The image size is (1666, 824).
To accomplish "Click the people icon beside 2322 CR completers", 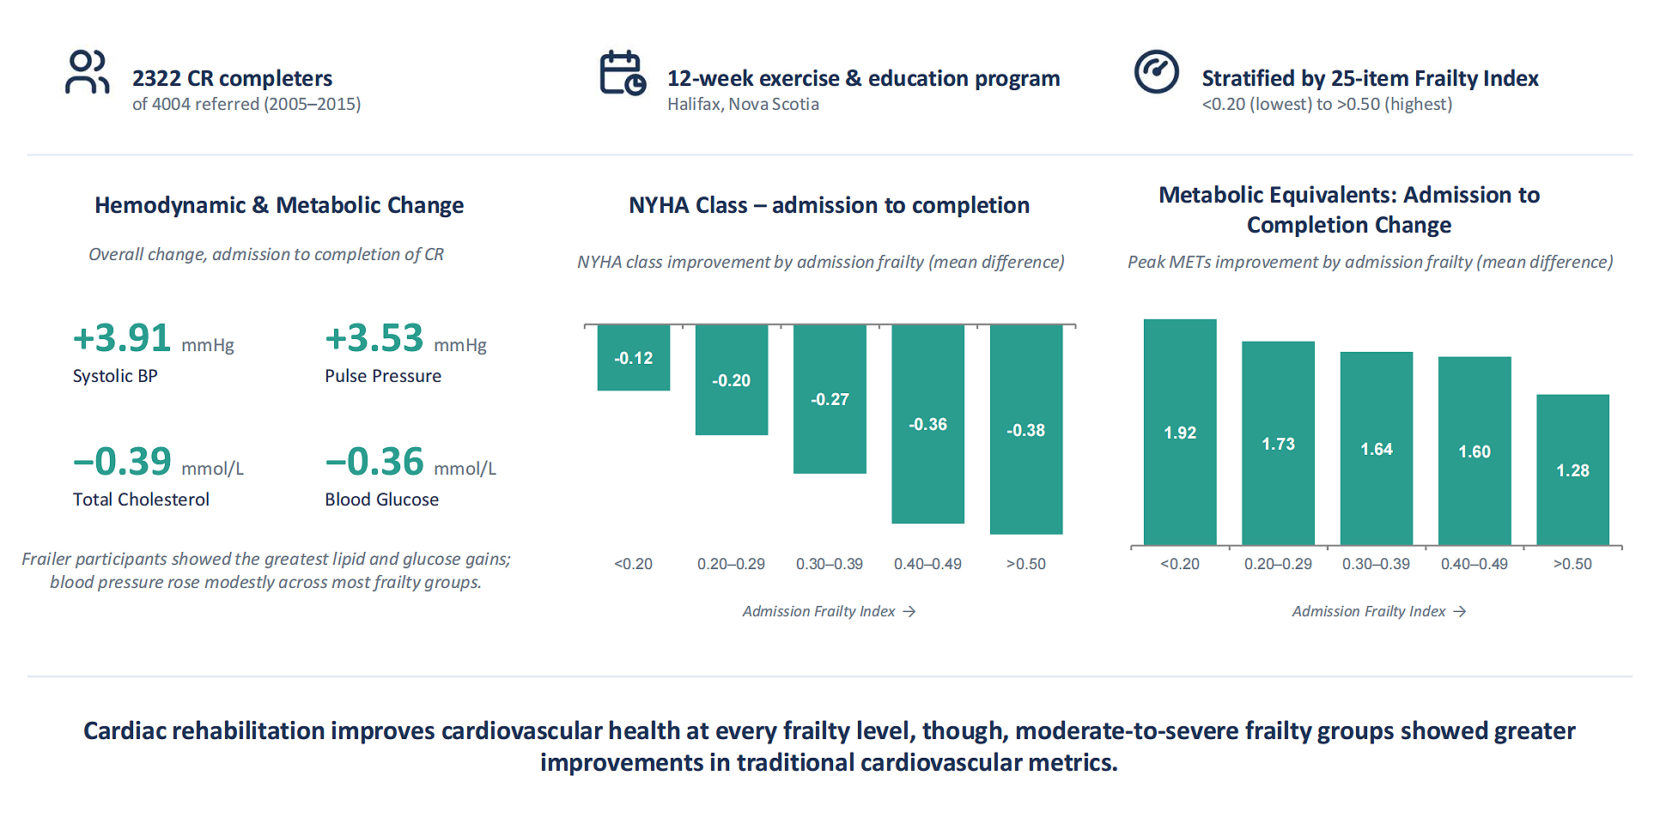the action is pyautogui.click(x=87, y=72).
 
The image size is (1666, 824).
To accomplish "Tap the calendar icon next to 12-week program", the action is pyautogui.click(x=623, y=73).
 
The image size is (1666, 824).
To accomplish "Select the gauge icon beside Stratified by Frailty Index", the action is pyautogui.click(x=1157, y=71).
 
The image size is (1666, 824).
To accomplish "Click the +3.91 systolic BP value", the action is pyautogui.click(x=122, y=337).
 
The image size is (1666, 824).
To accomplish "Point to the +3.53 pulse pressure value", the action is pyautogui.click(x=374, y=337).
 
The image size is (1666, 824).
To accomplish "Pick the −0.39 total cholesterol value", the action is pyautogui.click(x=122, y=461).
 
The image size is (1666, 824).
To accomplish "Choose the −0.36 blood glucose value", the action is pyautogui.click(x=374, y=461).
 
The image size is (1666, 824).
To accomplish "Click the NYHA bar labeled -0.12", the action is pyautogui.click(x=634, y=358).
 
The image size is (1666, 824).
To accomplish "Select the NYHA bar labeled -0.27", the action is pyautogui.click(x=830, y=399).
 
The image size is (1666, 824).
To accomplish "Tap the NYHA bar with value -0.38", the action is pyautogui.click(x=1026, y=430).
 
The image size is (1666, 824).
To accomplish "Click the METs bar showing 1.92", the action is pyautogui.click(x=1180, y=433).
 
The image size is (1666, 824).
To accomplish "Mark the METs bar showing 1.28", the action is pyautogui.click(x=1572, y=470).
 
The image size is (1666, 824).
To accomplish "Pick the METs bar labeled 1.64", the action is pyautogui.click(x=1377, y=449).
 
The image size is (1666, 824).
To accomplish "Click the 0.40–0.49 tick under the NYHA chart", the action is pyautogui.click(x=927, y=564).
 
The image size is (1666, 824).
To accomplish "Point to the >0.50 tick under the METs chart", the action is pyautogui.click(x=1572, y=564).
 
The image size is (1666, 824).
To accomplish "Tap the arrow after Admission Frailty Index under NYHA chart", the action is pyautogui.click(x=909, y=611).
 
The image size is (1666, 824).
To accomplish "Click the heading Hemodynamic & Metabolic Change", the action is pyautogui.click(x=279, y=205).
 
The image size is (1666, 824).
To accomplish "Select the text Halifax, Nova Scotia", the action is pyautogui.click(x=743, y=104).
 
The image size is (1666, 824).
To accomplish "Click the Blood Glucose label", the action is pyautogui.click(x=381, y=500).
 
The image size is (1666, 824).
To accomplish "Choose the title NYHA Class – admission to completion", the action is pyautogui.click(x=829, y=205).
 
